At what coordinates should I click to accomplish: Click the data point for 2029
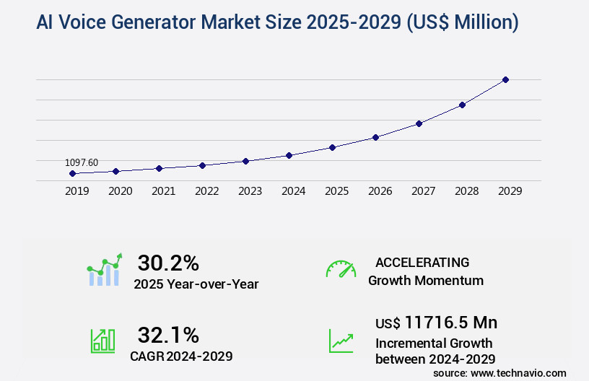point(505,79)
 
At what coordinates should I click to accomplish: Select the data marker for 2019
point(72,173)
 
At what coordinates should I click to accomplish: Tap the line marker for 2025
point(332,147)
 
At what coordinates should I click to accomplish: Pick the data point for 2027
point(419,123)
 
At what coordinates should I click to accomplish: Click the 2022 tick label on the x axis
point(206,191)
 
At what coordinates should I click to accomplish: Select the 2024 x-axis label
point(293,191)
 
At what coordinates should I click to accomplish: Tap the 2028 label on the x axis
point(466,191)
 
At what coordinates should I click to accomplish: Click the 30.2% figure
point(168,263)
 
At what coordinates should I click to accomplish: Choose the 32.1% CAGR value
point(168,335)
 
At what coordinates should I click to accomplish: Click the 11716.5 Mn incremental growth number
point(436,323)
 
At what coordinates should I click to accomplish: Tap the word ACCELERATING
point(422,263)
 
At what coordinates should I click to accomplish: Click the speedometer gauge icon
point(341,269)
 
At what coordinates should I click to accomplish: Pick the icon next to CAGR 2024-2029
point(102,341)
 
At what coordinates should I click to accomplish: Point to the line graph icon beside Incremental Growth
point(341,341)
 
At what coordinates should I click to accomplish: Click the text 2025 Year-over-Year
point(196,284)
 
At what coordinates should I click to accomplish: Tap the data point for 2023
point(245,161)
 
